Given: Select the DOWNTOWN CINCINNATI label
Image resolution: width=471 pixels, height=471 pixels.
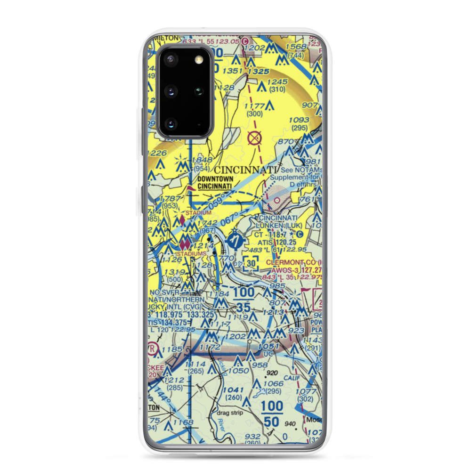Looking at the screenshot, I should [214, 182].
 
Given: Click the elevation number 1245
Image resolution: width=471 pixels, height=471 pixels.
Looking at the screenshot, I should [277, 82].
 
